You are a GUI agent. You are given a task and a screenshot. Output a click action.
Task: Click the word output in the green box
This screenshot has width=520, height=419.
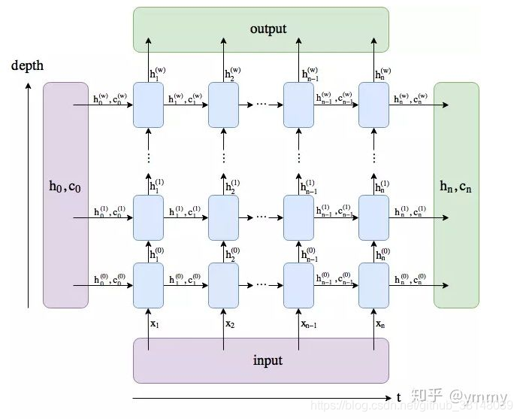(268, 29)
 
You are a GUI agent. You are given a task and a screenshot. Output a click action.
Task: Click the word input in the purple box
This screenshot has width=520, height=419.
(268, 360)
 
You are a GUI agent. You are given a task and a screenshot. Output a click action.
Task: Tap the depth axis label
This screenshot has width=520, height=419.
(28, 65)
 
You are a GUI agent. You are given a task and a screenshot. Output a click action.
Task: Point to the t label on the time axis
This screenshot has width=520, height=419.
(398, 397)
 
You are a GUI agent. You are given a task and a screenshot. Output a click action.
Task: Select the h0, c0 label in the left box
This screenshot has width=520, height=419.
(65, 187)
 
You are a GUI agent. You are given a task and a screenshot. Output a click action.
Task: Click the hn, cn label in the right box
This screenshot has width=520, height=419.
(456, 187)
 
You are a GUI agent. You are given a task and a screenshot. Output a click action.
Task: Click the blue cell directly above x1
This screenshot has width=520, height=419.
(148, 285)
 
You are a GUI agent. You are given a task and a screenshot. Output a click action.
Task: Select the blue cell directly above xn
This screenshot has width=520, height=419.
(373, 285)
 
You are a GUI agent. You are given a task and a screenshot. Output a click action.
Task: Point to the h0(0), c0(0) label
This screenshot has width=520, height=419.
(110, 279)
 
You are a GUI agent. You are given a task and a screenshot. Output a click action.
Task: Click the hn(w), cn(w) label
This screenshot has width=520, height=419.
(410, 98)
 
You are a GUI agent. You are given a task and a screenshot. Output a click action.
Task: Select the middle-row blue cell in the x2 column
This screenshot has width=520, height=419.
(223, 217)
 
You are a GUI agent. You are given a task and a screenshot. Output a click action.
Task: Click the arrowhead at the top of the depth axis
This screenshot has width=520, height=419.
(29, 84)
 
